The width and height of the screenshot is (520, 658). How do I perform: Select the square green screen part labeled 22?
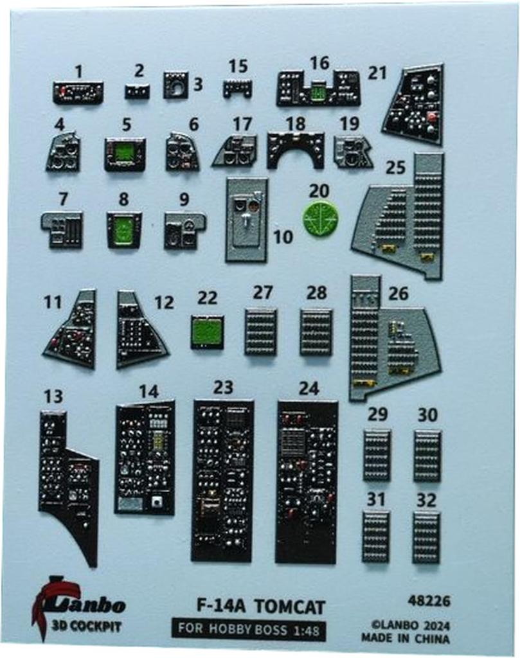(x=206, y=332)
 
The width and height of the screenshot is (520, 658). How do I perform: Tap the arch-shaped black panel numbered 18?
(x=296, y=150)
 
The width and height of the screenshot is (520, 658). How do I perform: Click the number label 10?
(x=282, y=236)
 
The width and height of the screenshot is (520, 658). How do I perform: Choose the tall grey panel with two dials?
(x=247, y=220)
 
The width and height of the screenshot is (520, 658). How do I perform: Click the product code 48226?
(x=429, y=601)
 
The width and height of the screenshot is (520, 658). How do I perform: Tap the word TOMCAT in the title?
(x=290, y=607)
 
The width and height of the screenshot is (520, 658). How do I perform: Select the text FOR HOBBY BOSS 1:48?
(x=249, y=629)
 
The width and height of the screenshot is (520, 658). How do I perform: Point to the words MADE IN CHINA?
(x=406, y=638)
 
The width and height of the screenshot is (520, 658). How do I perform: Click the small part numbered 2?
(x=137, y=91)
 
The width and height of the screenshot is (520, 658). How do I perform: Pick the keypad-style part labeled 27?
(x=260, y=332)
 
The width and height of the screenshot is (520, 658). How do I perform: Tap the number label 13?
(x=53, y=396)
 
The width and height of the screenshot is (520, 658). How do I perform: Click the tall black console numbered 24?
(x=307, y=481)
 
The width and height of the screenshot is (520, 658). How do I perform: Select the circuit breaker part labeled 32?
(x=426, y=538)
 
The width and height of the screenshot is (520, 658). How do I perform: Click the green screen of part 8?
(x=123, y=231)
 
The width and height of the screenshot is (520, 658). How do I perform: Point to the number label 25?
(x=395, y=168)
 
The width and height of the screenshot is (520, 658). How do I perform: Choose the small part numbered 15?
(x=237, y=89)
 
